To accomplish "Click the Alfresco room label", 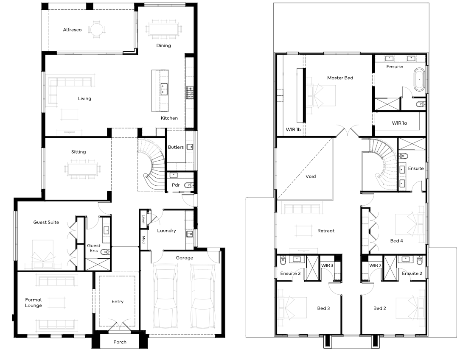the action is pyautogui.click(x=72, y=30).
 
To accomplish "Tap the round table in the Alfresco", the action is pyautogui.click(x=97, y=29).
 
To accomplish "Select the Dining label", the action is pyautogui.click(x=163, y=45).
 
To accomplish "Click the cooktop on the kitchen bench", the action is pyautogui.click(x=190, y=92).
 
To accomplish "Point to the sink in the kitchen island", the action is pyautogui.click(x=164, y=89).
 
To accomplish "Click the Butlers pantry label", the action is pyautogui.click(x=176, y=147).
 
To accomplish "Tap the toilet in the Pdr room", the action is pyautogui.click(x=189, y=185).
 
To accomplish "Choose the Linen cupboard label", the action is pyautogui.click(x=143, y=219).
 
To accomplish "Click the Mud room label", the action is pyautogui.click(x=143, y=240).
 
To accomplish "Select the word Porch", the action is pyautogui.click(x=120, y=342).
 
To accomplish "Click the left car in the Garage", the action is pyautogui.click(x=165, y=296).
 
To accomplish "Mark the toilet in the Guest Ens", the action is pyautogui.click(x=104, y=251).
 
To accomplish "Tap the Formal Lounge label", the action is pyautogui.click(x=33, y=302).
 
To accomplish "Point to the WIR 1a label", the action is pyautogui.click(x=399, y=123).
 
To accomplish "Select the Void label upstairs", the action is pyautogui.click(x=311, y=176).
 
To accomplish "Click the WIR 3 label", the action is pyautogui.click(x=327, y=265).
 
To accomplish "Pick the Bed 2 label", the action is pyautogui.click(x=380, y=308).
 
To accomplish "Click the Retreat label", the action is pyautogui.click(x=326, y=231).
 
